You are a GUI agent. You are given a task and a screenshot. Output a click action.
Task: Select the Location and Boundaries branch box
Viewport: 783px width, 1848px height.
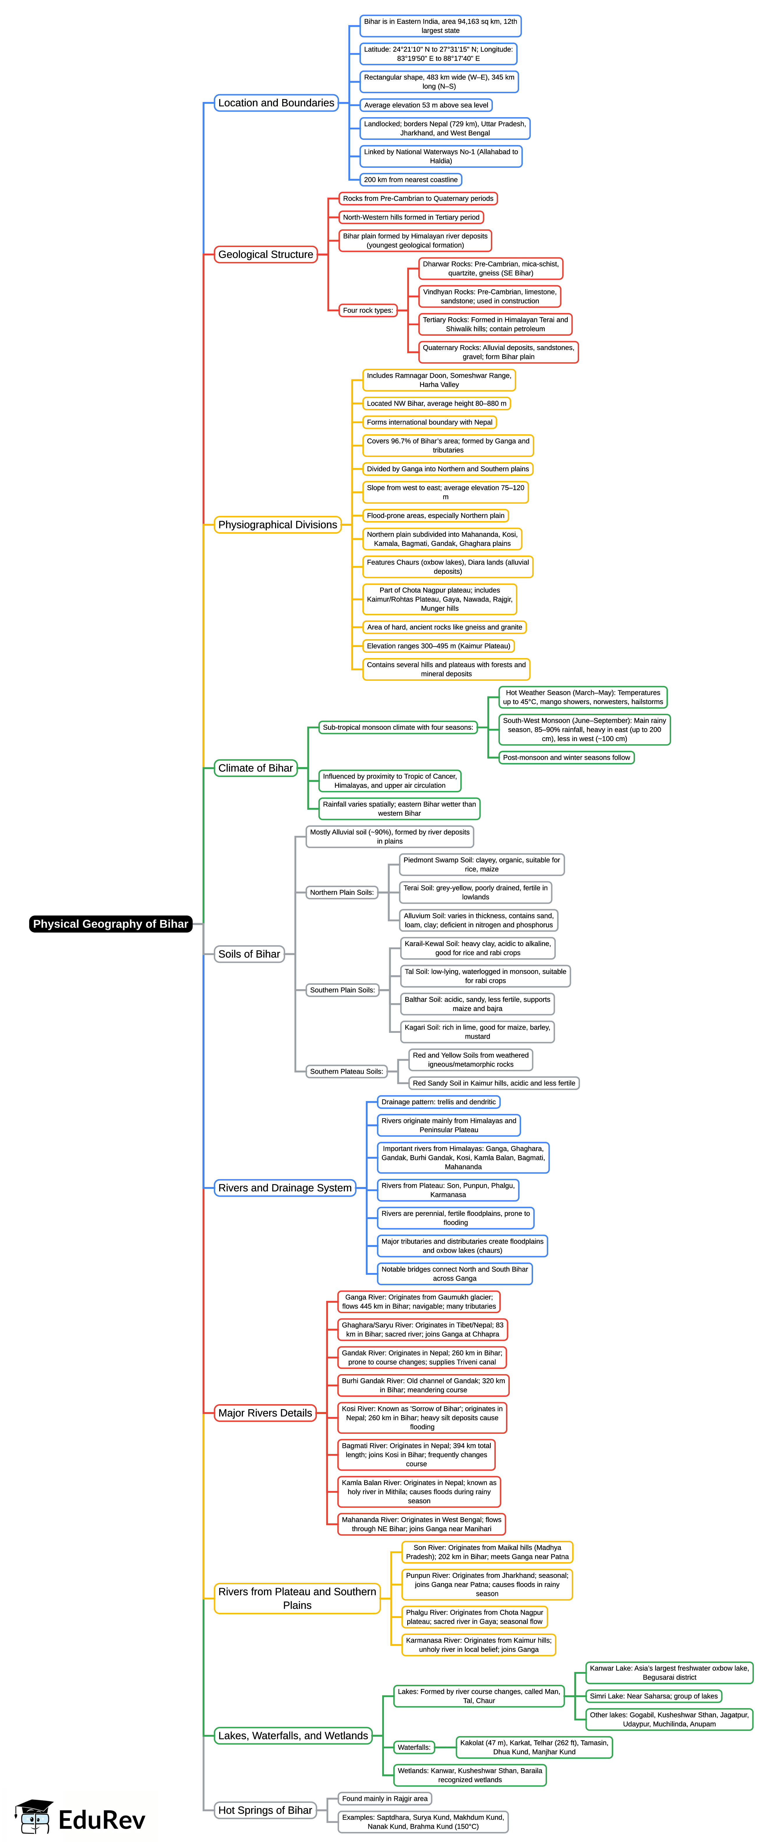click(276, 103)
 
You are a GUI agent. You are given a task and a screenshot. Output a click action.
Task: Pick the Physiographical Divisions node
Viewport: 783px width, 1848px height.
click(278, 524)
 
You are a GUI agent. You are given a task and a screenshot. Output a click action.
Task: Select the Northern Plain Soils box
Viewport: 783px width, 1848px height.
click(342, 892)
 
